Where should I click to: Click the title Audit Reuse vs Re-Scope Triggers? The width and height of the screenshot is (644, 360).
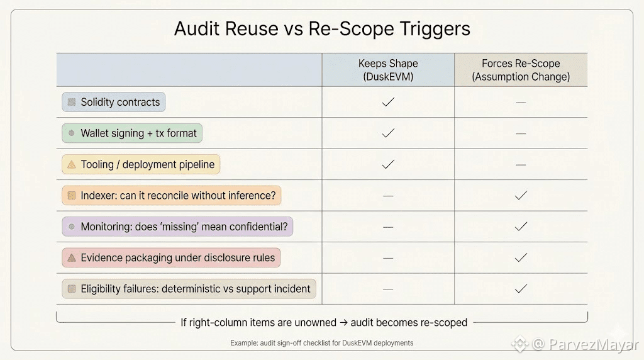(321, 30)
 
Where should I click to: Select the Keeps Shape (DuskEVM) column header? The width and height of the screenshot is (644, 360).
(388, 70)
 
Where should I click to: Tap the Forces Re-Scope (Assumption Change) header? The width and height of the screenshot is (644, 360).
(521, 70)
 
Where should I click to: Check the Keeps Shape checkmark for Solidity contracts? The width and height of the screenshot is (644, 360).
(388, 102)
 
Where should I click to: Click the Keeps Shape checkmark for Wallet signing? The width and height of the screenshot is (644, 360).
(388, 133)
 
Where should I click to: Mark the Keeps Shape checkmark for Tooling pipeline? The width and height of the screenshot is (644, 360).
(388, 164)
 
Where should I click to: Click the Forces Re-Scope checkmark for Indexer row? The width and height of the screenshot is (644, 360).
(521, 196)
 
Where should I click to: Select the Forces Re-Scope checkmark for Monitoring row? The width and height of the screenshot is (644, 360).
(521, 227)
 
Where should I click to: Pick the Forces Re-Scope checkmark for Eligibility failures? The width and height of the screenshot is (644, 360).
(521, 289)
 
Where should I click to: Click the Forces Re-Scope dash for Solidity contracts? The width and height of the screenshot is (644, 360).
(521, 102)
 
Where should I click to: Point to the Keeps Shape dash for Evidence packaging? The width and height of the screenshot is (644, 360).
(388, 257)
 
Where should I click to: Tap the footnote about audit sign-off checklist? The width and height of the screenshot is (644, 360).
(321, 343)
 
